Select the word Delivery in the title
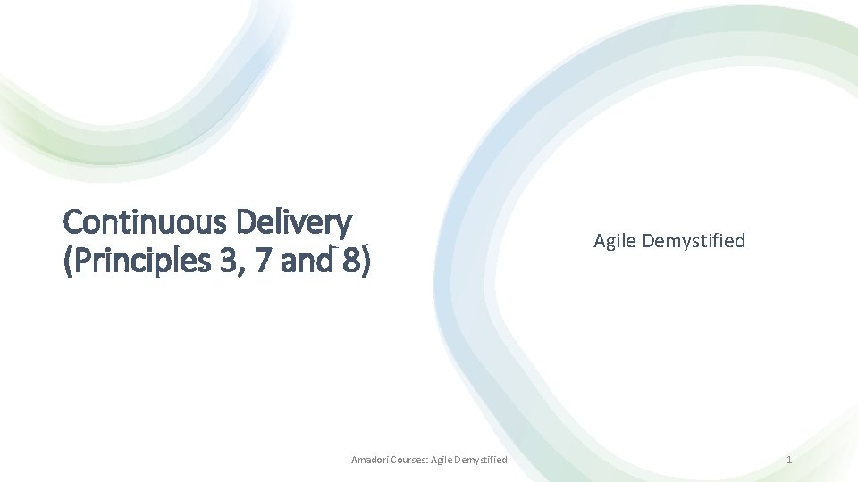pyautogui.click(x=294, y=220)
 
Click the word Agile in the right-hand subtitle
pyautogui.click(x=613, y=241)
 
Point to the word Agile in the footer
pyautogui.click(x=442, y=460)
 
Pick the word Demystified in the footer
pyautogui.click(x=483, y=460)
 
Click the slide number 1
pyautogui.click(x=789, y=460)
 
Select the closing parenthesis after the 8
pyautogui.click(x=366, y=262)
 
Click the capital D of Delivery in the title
pyautogui.click(x=247, y=220)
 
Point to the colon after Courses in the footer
pyautogui.click(x=427, y=461)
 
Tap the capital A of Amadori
pyautogui.click(x=355, y=460)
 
